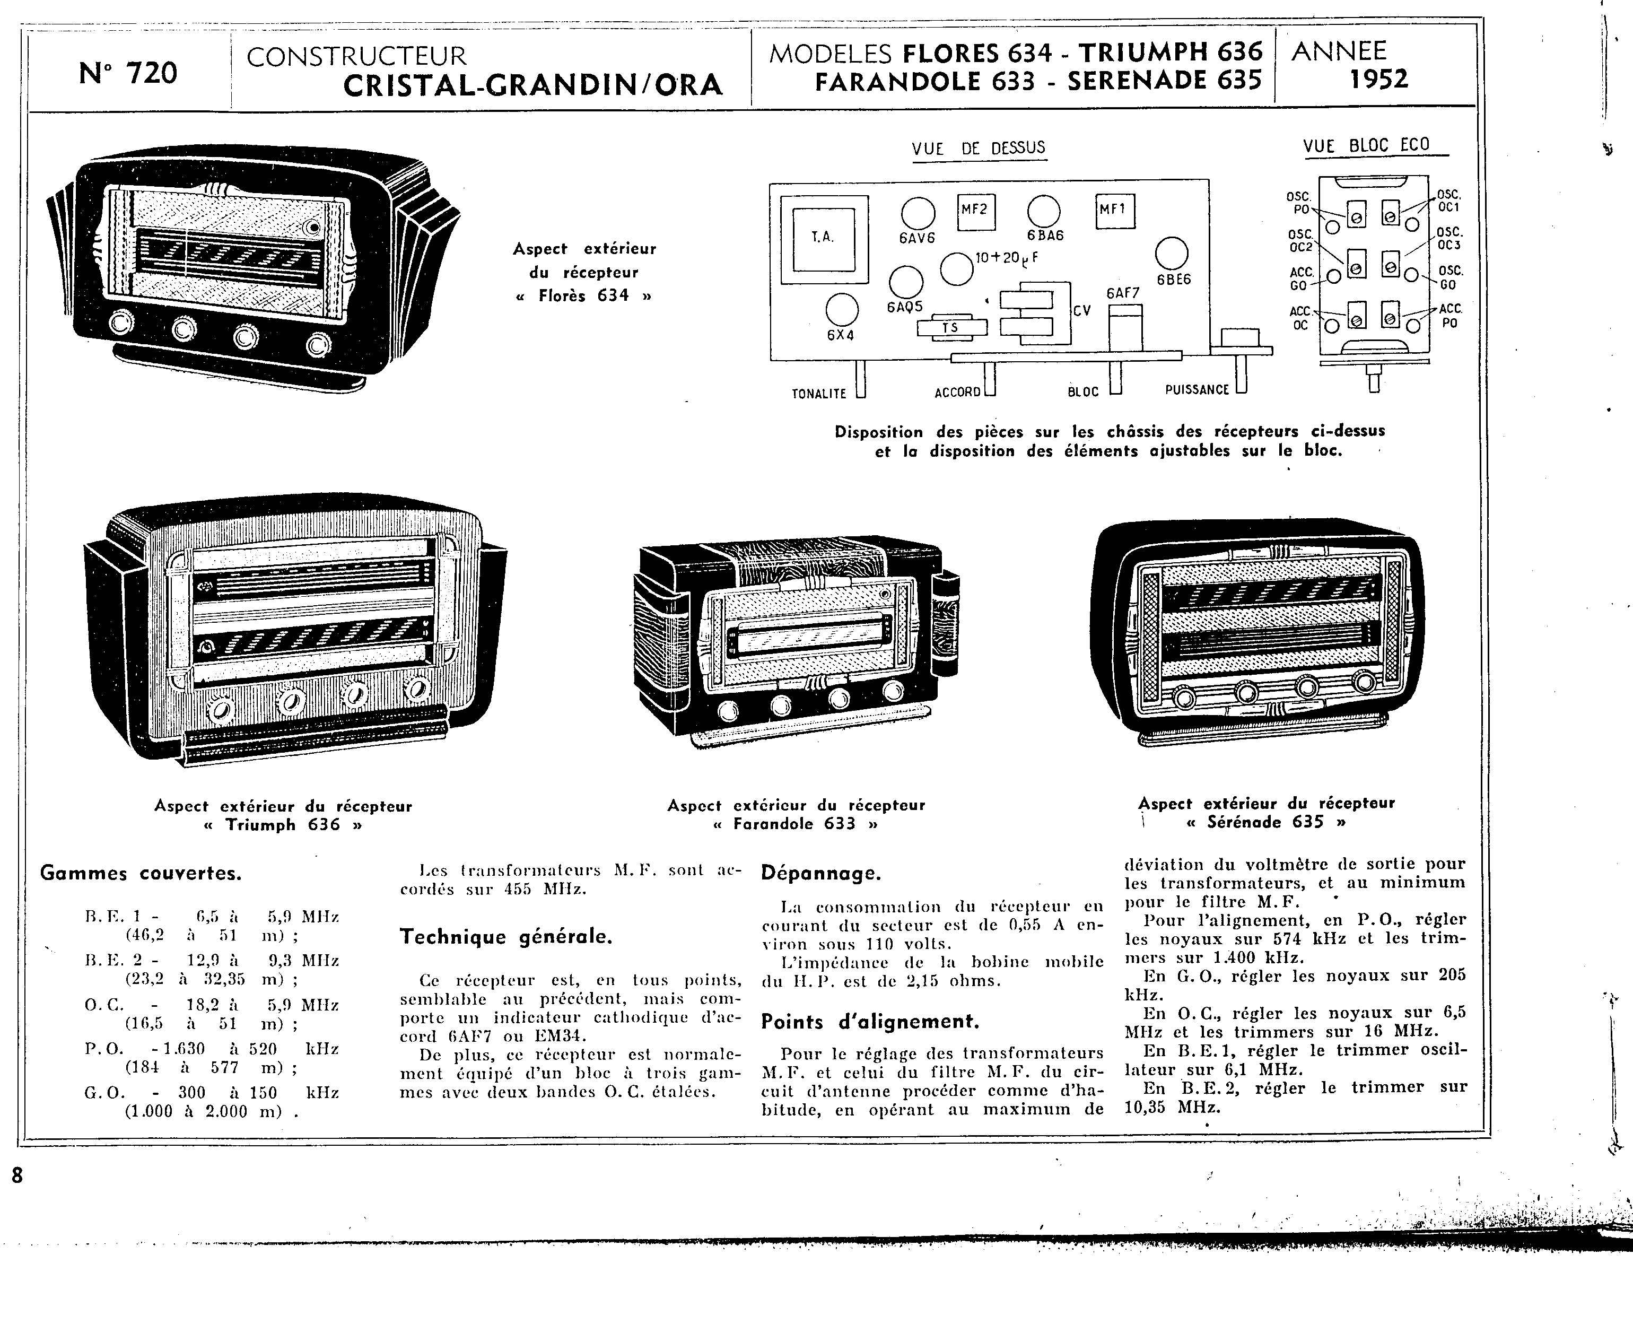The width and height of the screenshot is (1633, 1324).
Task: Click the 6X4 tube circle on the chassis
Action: point(842,310)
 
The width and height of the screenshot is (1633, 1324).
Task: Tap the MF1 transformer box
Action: point(1115,211)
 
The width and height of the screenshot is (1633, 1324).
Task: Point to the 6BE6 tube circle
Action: point(1172,254)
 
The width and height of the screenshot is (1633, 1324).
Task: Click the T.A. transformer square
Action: point(823,237)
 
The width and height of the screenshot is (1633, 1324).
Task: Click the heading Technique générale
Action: point(506,937)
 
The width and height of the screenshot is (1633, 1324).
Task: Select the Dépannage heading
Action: point(821,873)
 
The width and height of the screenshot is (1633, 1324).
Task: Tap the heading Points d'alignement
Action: point(870,1022)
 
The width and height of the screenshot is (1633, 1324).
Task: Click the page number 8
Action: point(17,1175)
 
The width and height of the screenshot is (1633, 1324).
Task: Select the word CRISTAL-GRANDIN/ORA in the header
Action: point(532,85)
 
